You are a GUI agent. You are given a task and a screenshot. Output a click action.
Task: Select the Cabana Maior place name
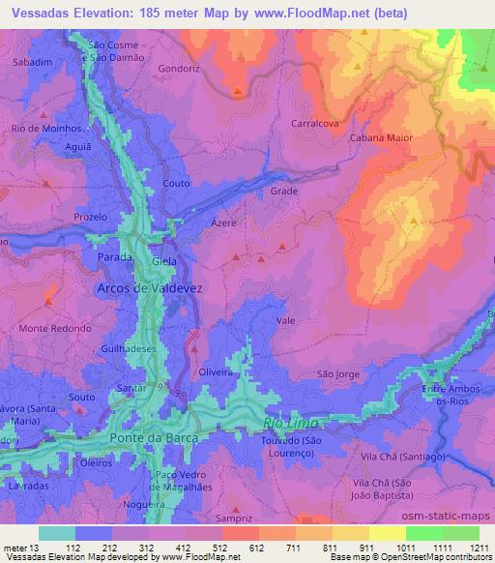click(387, 138)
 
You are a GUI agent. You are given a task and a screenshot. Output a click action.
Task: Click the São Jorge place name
click(338, 373)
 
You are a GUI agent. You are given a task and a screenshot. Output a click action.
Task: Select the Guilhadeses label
click(126, 346)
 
